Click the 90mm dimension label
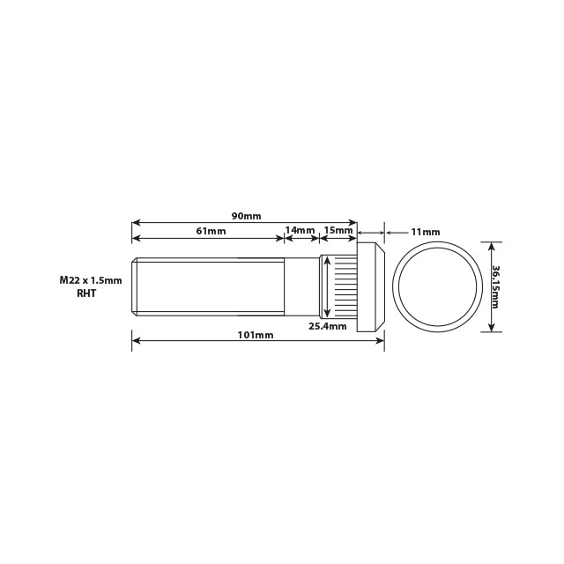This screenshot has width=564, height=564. pos(246,216)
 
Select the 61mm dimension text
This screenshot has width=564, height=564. pos(211,231)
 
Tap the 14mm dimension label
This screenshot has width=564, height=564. pos(301,231)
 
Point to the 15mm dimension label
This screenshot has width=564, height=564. pos(338,231)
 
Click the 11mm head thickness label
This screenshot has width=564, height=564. pos(426,232)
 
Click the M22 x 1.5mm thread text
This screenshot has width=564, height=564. pos(91,279)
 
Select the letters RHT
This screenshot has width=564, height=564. pos(86,293)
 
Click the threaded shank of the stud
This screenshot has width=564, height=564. pos(209,286)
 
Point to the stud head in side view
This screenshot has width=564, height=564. pos(370,286)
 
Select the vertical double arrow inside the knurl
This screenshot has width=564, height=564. pos(328,286)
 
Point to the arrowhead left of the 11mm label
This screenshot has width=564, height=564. pos(389,233)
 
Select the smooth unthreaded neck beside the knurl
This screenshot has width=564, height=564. pos(301,286)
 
